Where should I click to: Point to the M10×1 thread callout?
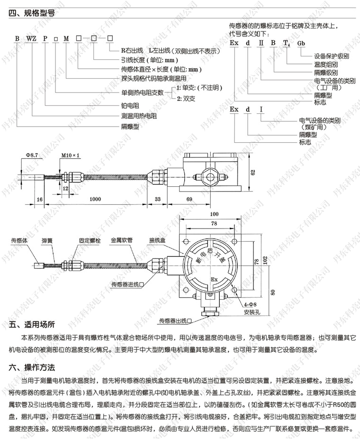pos(71,155)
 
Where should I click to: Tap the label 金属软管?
pos(121,241)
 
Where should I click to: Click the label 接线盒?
pos(156,241)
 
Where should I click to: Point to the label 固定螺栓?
pos(90,241)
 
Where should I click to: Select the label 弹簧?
pos(47,241)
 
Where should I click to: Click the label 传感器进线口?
pos(126,284)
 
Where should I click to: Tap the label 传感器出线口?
pos(175,321)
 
